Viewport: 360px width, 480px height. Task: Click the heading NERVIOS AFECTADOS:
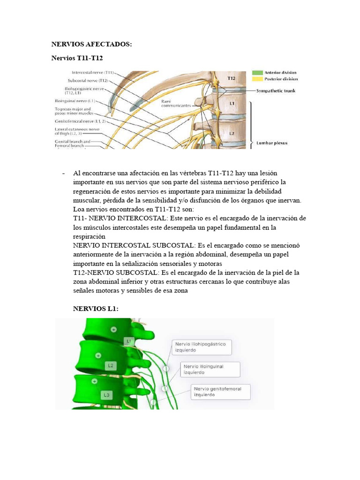[x=91, y=44]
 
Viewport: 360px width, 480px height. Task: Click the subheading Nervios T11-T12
[x=76, y=58]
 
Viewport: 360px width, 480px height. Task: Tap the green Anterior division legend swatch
[x=257, y=73]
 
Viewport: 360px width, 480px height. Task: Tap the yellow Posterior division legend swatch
[x=257, y=79]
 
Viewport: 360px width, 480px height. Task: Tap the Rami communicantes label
[x=176, y=104]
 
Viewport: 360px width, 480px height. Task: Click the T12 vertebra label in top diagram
[x=231, y=78]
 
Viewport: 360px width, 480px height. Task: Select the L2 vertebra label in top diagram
[x=231, y=133]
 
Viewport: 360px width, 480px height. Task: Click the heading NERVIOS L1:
[x=96, y=308]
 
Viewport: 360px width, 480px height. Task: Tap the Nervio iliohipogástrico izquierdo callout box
[x=202, y=347]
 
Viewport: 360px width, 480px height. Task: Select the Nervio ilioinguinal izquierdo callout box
[x=210, y=369]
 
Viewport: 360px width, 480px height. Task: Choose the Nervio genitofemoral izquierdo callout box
[x=220, y=391]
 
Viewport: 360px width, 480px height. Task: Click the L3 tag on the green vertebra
[x=107, y=395]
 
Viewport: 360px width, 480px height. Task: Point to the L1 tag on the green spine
[x=129, y=341]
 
